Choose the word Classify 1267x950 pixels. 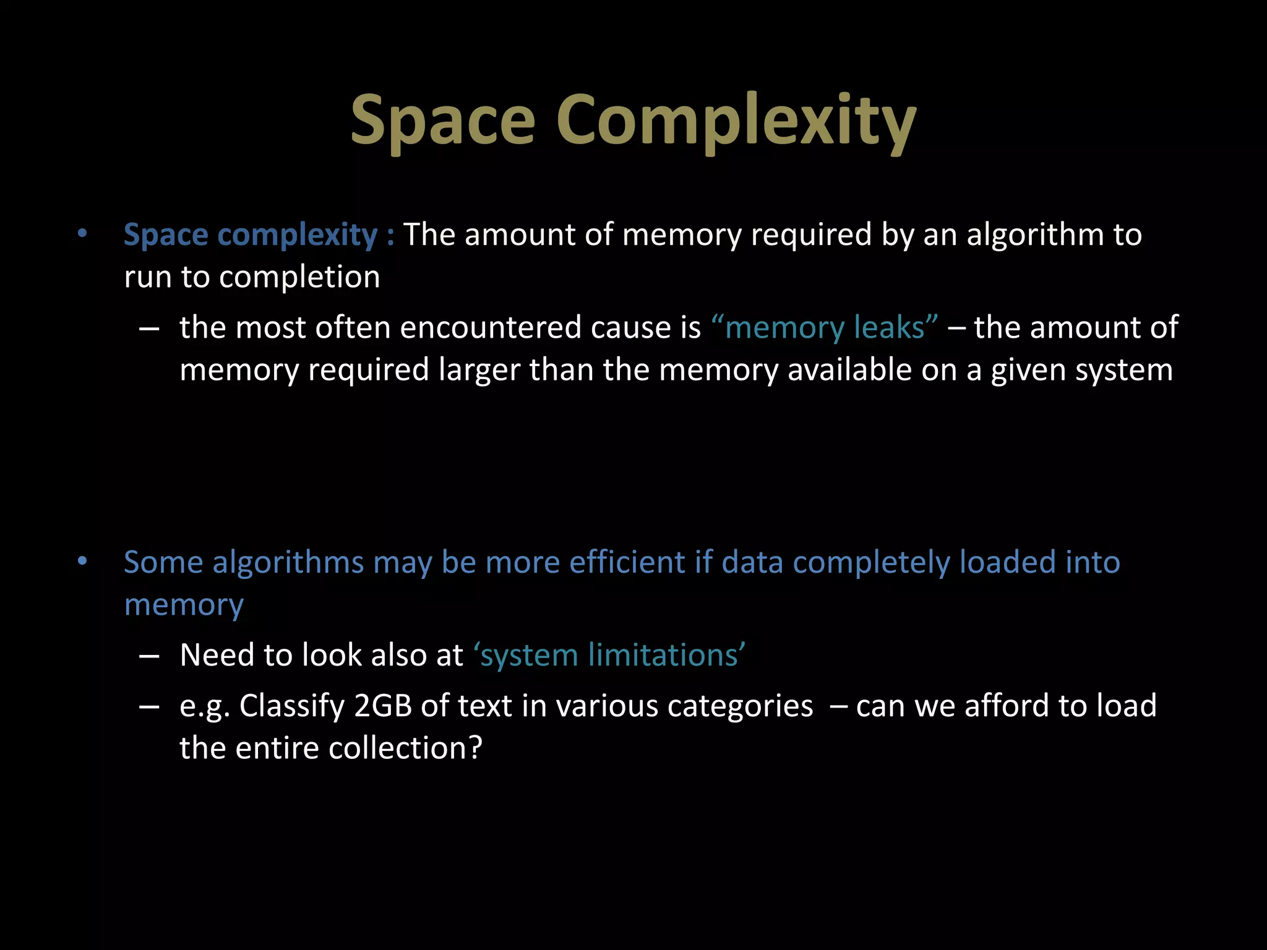[292, 706]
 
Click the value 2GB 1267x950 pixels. [383, 706]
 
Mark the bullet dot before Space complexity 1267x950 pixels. [82, 234]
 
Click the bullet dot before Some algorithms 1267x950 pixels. [82, 562]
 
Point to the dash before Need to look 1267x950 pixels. [149, 656]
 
